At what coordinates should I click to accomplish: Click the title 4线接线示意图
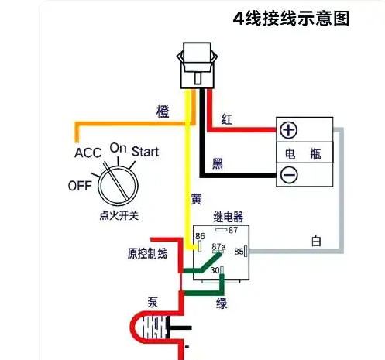291,18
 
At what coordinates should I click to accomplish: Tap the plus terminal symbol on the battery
289,130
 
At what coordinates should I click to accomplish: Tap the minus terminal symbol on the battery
289,175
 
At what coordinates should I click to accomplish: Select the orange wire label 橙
163,112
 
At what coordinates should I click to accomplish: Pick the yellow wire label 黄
197,199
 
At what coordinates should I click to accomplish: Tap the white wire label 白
315,241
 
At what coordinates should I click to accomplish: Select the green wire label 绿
222,303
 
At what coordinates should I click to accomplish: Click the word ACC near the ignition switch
88,153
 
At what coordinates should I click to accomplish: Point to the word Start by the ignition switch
145,151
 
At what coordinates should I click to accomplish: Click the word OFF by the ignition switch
80,186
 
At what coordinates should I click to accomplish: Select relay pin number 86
200,236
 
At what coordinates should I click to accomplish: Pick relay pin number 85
239,250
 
